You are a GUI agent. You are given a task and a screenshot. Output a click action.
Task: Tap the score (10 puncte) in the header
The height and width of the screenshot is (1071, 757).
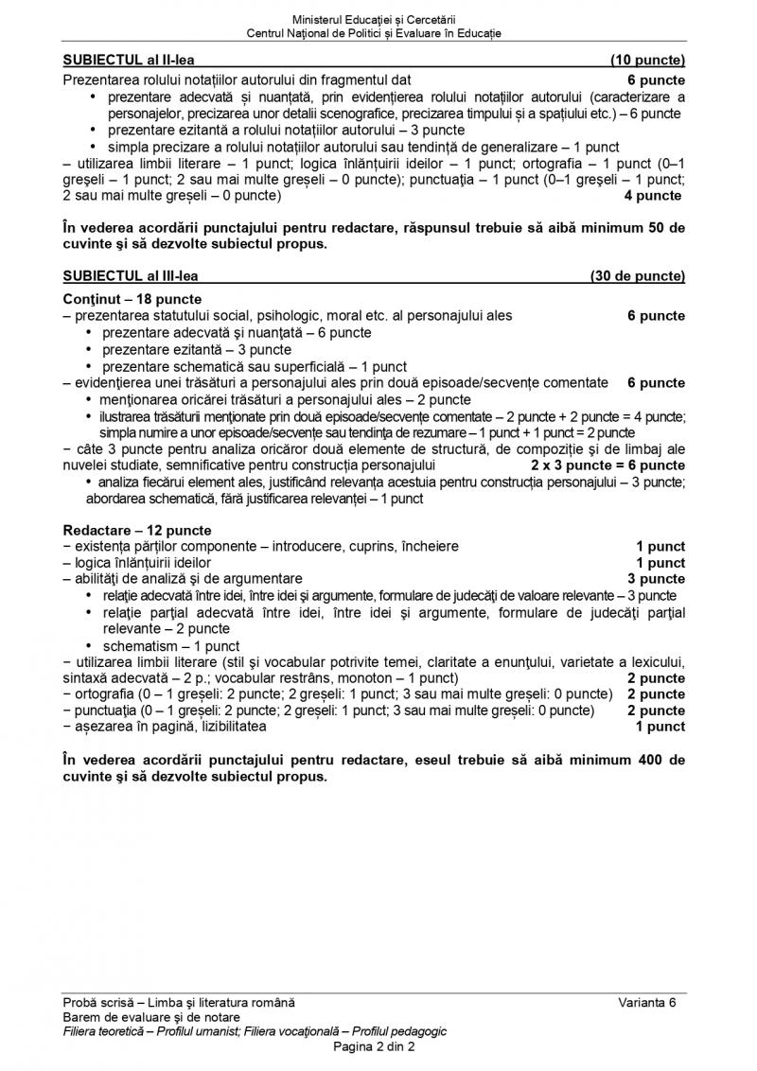point(648,61)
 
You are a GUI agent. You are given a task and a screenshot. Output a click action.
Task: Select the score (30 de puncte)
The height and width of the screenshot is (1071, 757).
point(637,276)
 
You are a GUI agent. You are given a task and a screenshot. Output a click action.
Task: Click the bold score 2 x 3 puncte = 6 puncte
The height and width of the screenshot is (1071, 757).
point(607,465)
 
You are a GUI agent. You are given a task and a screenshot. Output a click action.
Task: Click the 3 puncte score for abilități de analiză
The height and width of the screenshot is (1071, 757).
point(657,578)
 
